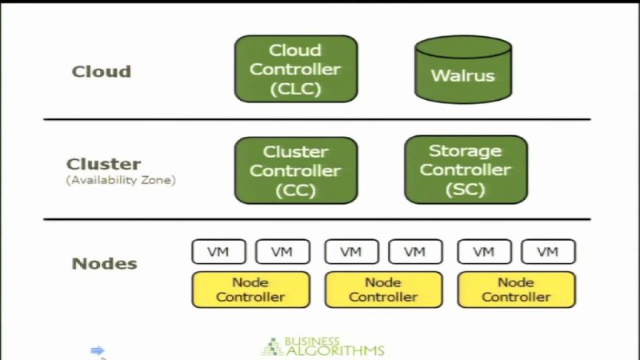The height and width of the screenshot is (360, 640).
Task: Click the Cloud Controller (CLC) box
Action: point(295,69)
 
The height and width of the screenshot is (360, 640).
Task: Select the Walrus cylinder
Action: point(462,74)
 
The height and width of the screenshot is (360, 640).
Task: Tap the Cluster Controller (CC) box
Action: point(295,170)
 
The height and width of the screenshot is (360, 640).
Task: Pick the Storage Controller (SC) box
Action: point(466,170)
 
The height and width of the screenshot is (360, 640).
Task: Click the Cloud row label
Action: point(102,71)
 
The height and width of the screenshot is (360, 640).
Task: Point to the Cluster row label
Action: point(104,163)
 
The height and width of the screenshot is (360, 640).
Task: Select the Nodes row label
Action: point(105,263)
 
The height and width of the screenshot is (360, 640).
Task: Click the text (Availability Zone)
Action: point(121,181)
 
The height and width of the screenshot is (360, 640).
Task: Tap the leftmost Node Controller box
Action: point(250,290)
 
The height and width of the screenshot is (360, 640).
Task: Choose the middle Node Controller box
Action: point(383,290)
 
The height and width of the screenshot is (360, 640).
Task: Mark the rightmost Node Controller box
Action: point(516,290)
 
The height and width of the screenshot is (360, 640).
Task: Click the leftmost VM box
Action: point(218,251)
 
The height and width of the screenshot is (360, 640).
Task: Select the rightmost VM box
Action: point(548,251)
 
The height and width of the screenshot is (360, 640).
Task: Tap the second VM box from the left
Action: point(282,251)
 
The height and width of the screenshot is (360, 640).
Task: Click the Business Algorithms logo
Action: point(323,346)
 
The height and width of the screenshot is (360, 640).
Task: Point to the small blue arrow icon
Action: point(98,350)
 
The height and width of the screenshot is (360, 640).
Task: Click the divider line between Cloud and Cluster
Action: point(317,119)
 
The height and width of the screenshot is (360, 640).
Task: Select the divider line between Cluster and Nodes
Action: point(317,218)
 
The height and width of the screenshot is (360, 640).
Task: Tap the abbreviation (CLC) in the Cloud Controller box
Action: point(295,88)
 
